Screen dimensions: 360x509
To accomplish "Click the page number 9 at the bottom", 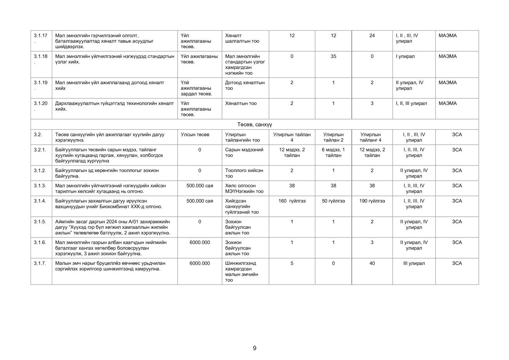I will point(254,348).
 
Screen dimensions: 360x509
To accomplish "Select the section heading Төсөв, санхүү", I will point(254,125).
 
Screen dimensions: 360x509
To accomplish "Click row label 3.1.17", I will point(40,36).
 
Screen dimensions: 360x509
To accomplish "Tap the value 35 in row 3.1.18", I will point(333,56).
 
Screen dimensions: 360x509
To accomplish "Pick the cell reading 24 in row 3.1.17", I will point(372,36).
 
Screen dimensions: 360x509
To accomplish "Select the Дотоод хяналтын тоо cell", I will point(245,85).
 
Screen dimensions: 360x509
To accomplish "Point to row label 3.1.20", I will point(40,103).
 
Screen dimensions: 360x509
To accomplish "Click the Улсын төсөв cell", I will point(195,135).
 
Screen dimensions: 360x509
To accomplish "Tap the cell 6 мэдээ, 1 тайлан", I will point(333,152).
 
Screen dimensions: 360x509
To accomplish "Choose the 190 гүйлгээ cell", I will point(372,201).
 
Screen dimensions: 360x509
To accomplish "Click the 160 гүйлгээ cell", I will point(292,201).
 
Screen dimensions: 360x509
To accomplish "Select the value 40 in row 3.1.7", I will point(372,263).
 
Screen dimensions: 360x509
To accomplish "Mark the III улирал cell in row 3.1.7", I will point(414,263).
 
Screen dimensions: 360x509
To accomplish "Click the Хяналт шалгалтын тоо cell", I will point(242,38).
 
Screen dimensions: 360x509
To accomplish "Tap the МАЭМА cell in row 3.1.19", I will point(448,83).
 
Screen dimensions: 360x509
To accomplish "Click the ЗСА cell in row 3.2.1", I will point(457,150).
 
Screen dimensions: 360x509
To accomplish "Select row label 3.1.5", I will point(40,222).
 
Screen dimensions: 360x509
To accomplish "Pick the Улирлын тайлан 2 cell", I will point(333,137).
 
